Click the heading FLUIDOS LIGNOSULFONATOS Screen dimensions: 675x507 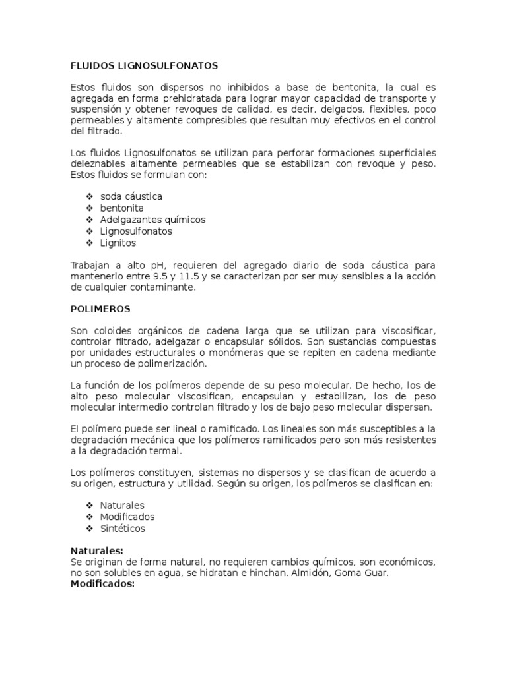pyautogui.click(x=144, y=66)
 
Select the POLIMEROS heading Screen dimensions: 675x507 pyautogui.click(x=100, y=308)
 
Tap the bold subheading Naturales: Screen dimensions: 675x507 pyautogui.click(x=96, y=550)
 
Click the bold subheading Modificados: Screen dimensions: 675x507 pyautogui.click(x=102, y=584)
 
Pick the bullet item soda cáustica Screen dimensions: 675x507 pyautogui.click(x=131, y=196)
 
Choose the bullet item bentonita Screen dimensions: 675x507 pyautogui.click(x=122, y=208)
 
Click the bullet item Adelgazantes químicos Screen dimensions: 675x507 pyautogui.click(x=153, y=220)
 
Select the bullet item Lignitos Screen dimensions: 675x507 pyautogui.click(x=118, y=243)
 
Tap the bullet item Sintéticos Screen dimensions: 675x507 pyautogui.click(x=123, y=529)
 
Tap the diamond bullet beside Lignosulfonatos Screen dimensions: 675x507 pyautogui.click(x=89, y=231)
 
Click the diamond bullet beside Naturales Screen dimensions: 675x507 pyautogui.click(x=89, y=506)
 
